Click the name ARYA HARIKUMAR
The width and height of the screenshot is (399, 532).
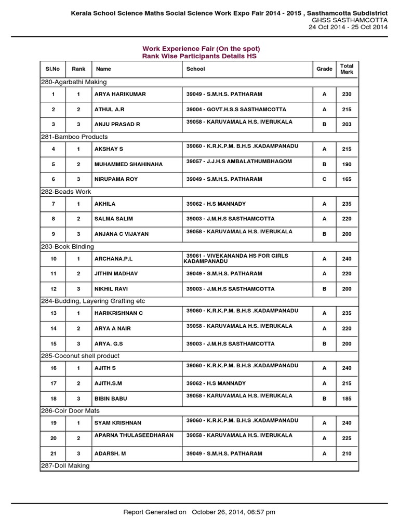[120, 94]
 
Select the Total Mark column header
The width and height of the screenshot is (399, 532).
[347, 69]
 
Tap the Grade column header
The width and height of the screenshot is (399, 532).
[324, 69]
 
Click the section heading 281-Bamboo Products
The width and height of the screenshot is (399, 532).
[74, 137]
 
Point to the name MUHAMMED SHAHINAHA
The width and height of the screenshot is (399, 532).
[128, 164]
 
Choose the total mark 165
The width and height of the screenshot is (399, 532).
[347, 179]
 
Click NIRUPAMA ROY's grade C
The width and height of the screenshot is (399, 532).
[324, 179]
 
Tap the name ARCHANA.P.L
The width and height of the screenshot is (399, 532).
[112, 258]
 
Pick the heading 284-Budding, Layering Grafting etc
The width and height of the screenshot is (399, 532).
[93, 301]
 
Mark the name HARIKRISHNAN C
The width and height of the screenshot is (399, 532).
[118, 313]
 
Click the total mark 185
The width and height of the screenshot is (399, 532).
[347, 399]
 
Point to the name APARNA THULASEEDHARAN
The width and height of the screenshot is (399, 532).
[134, 435]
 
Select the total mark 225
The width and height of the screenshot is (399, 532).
[347, 438]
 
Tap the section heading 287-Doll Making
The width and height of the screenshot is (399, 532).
[65, 465]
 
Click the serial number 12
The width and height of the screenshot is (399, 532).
[54, 288]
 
